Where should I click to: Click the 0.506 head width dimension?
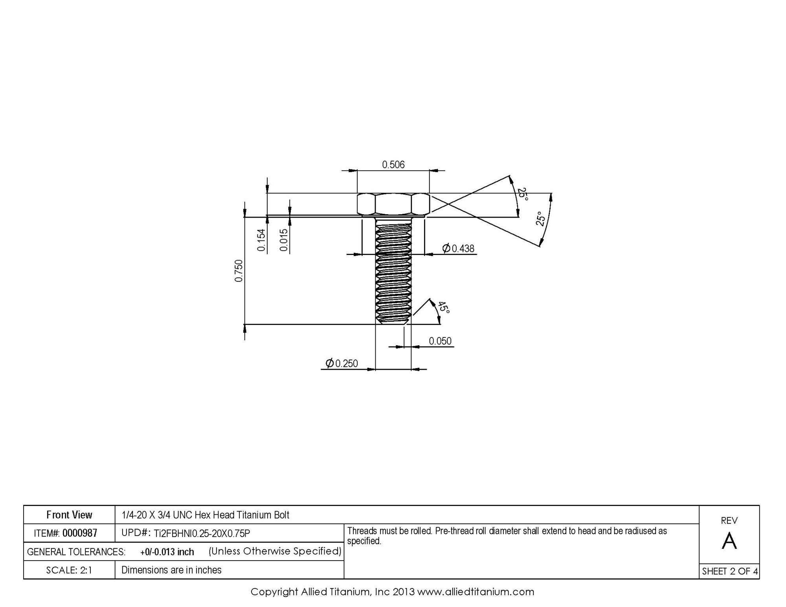393,164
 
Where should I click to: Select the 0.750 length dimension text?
239,271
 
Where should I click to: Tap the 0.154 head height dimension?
261,240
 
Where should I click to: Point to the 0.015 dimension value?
284,240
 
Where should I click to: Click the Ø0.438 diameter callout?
458,248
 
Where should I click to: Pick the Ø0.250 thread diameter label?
342,363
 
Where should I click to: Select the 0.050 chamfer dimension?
440,341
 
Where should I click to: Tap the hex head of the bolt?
393,204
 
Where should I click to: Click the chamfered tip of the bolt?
393,321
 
